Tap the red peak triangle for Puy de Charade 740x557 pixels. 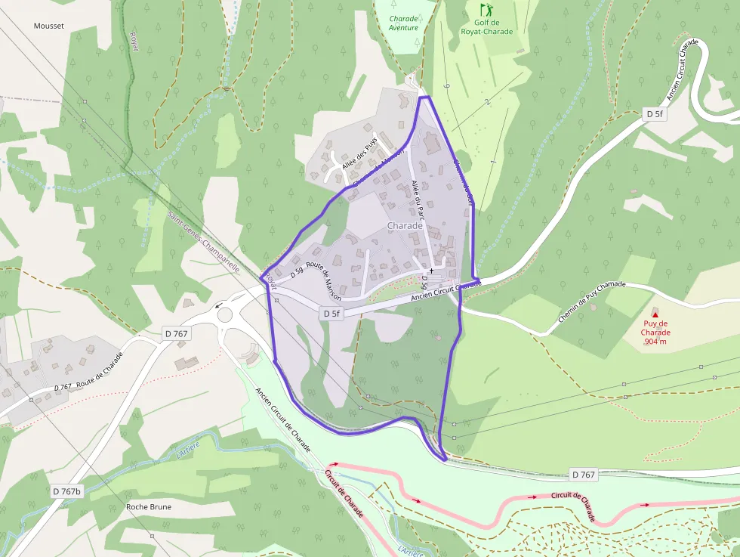(x=655, y=314)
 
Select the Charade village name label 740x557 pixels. (x=404, y=225)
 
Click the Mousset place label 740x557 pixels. (x=49, y=26)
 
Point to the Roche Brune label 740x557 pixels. (x=149, y=506)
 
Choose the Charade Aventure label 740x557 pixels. (x=403, y=23)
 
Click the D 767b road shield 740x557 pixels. (x=66, y=491)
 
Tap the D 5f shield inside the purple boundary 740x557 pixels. (x=331, y=313)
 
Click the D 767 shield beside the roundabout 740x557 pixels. (x=176, y=333)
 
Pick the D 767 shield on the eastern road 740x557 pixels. (x=582, y=475)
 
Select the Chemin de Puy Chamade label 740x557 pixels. (x=593, y=304)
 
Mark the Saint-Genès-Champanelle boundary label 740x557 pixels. (x=203, y=241)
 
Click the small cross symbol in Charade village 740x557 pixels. (x=431, y=270)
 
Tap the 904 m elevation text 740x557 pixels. (x=655, y=341)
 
